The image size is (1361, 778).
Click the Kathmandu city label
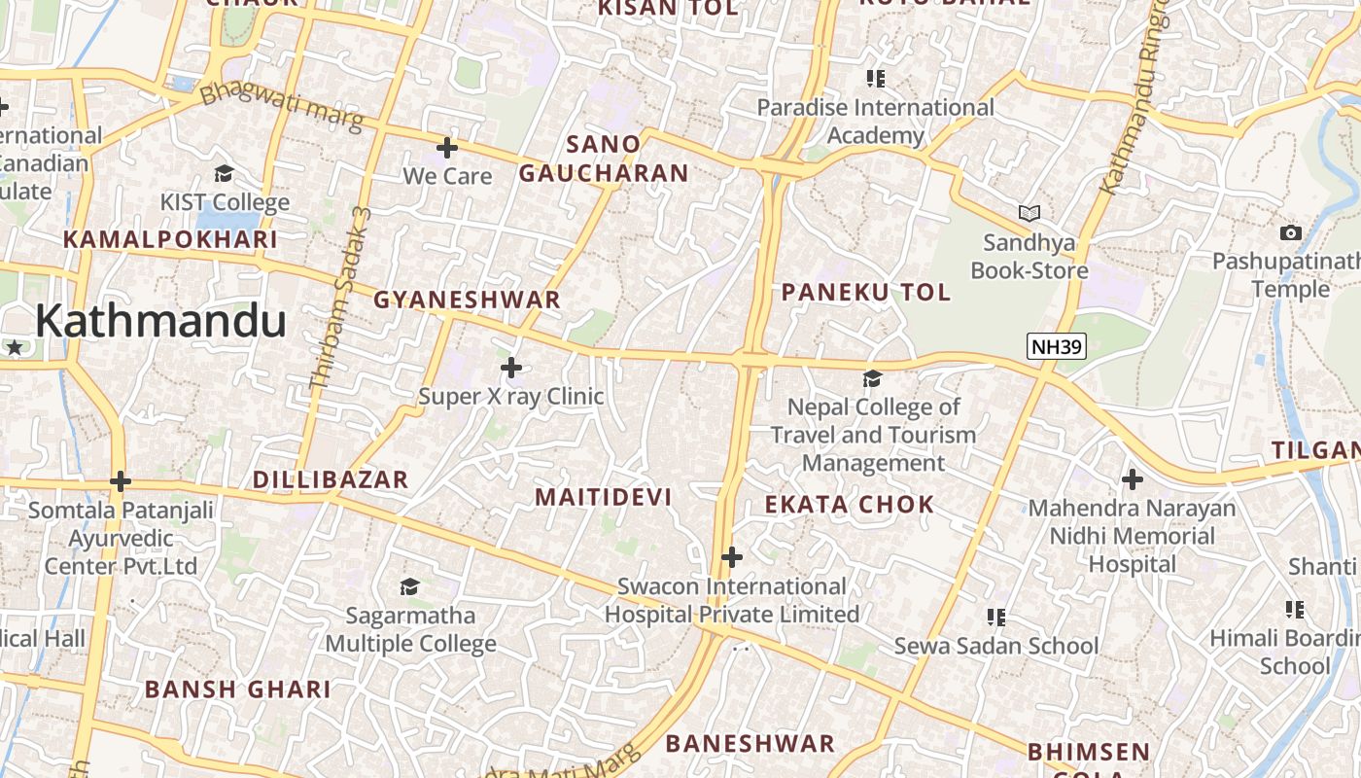[x=160, y=321]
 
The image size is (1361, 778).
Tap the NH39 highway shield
[x=1056, y=346]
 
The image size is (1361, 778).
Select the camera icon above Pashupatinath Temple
[x=1291, y=232]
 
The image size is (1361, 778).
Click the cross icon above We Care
[x=447, y=148]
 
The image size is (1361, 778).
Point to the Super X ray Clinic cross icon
[x=511, y=368]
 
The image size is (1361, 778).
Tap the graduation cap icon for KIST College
[x=225, y=174]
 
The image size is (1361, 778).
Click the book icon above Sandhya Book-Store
[x=1029, y=213]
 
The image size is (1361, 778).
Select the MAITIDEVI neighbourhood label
[x=604, y=497]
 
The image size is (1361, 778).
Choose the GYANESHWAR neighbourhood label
[x=468, y=300]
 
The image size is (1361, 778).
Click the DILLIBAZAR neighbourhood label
[x=331, y=479]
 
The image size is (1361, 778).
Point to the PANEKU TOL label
[x=866, y=292]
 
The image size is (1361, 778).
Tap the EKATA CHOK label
[x=850, y=505]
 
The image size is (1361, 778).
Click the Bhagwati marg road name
[x=281, y=108]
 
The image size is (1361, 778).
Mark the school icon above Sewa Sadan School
[x=995, y=618]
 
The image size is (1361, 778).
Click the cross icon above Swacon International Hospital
[x=732, y=557]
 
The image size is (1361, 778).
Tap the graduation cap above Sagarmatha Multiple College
[x=410, y=586]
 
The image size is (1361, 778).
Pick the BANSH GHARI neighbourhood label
[x=238, y=690]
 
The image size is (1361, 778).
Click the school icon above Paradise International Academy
[x=876, y=79]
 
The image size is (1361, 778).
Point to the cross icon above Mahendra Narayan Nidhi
[x=1133, y=479]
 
